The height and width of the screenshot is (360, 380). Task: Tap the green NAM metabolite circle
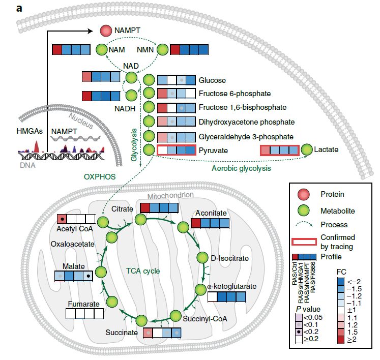(102, 50)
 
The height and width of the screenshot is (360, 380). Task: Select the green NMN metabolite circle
(162, 50)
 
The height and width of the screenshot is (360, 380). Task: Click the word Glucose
(213, 80)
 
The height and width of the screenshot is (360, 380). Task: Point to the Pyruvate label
(213, 151)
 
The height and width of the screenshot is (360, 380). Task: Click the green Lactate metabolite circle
(307, 150)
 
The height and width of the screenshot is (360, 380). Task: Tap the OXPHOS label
(99, 177)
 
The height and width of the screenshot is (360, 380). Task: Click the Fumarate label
(82, 304)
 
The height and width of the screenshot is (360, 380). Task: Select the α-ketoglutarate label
(231, 286)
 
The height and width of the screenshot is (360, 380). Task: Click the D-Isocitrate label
(230, 258)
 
